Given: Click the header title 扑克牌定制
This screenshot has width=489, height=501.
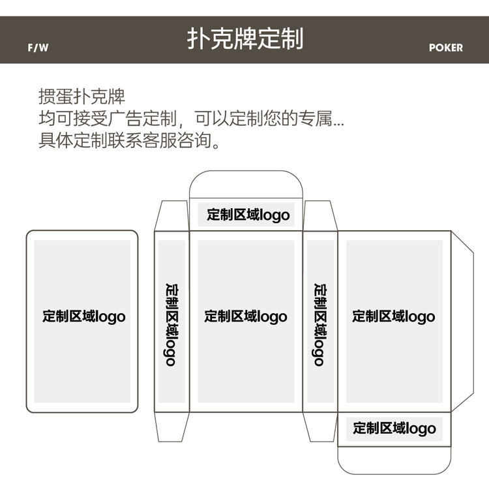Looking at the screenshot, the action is point(244,38).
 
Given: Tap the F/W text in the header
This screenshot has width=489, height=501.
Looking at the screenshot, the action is point(38,48).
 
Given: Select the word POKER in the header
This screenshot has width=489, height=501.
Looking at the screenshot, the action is point(446,48).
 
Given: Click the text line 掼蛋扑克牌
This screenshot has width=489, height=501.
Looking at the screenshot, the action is point(81,97).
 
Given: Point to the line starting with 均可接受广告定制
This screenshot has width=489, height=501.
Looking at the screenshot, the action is point(192,119).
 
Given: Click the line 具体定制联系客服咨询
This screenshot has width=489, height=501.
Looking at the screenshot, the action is point(130,140).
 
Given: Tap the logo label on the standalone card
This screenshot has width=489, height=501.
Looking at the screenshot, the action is point(83,317).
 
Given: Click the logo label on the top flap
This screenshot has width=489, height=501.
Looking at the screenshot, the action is point(248,215).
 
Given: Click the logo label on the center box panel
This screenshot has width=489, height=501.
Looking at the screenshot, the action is point(246,317).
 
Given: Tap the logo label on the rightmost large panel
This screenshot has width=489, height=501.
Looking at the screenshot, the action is point(394,317).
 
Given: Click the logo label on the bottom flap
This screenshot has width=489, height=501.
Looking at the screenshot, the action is point(394,429).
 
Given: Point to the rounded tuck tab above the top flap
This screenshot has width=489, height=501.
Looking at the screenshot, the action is point(246,184).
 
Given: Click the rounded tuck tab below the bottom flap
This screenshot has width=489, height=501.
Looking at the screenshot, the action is point(394,460).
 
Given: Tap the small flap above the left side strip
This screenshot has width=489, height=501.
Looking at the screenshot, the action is point(171,215).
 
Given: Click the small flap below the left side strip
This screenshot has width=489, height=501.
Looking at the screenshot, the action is point(171,427).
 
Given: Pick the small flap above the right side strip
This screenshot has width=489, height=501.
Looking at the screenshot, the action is point(319,215).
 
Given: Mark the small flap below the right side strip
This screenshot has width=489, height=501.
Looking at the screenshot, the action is point(319,427).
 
